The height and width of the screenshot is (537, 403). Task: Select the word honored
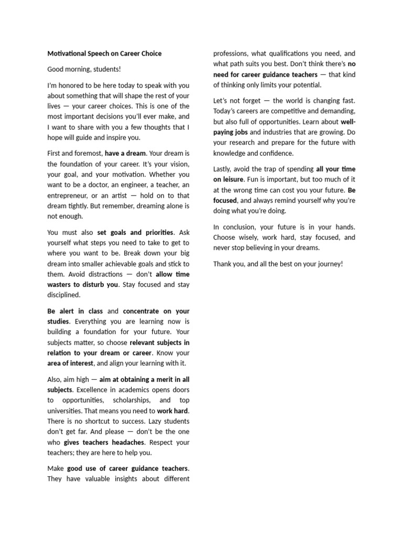[x=72, y=85]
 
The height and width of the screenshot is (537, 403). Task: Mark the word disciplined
[x=63, y=295]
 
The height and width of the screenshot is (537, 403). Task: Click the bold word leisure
[x=232, y=179]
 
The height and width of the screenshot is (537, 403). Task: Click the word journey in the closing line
[x=328, y=263]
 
